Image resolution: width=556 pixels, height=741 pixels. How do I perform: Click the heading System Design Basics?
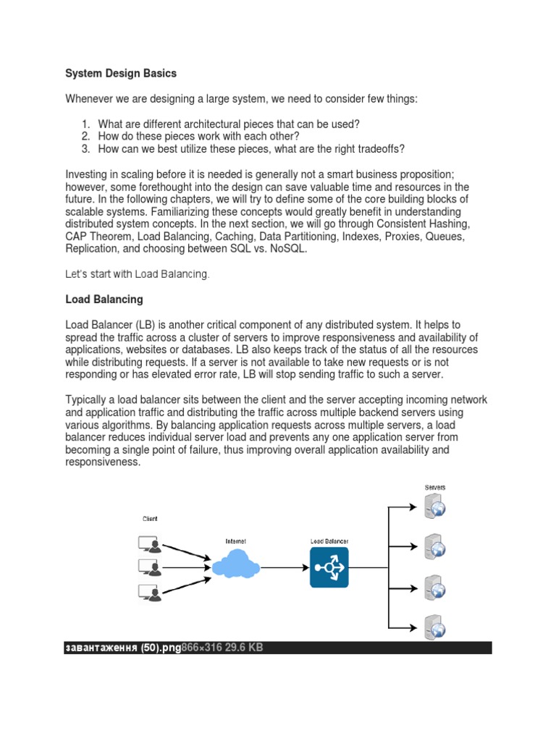pyautogui.click(x=121, y=74)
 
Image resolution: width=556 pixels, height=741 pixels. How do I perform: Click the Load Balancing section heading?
pyautogui.click(x=104, y=299)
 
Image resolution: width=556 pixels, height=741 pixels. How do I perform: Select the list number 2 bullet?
pyautogui.click(x=85, y=136)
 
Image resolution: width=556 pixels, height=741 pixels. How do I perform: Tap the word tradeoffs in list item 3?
pyautogui.click(x=376, y=149)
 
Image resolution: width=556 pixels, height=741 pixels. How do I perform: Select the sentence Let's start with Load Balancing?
pyautogui.click(x=138, y=274)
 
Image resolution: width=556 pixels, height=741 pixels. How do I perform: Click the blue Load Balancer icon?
pyautogui.click(x=329, y=567)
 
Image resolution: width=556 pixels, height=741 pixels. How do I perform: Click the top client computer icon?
pyautogui.click(x=149, y=543)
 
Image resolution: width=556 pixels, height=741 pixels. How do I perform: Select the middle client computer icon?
pyautogui.click(x=149, y=568)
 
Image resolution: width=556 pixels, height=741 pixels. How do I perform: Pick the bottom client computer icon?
pyautogui.click(x=149, y=593)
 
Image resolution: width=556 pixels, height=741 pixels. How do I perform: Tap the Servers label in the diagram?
pyautogui.click(x=434, y=487)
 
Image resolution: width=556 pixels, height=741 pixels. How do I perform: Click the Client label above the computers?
pyautogui.click(x=149, y=518)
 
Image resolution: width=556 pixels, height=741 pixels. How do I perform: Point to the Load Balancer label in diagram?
pyautogui.click(x=329, y=541)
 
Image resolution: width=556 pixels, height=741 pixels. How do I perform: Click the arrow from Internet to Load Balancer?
pyautogui.click(x=284, y=567)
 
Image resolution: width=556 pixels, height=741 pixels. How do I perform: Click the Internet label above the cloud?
pyautogui.click(x=235, y=541)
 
